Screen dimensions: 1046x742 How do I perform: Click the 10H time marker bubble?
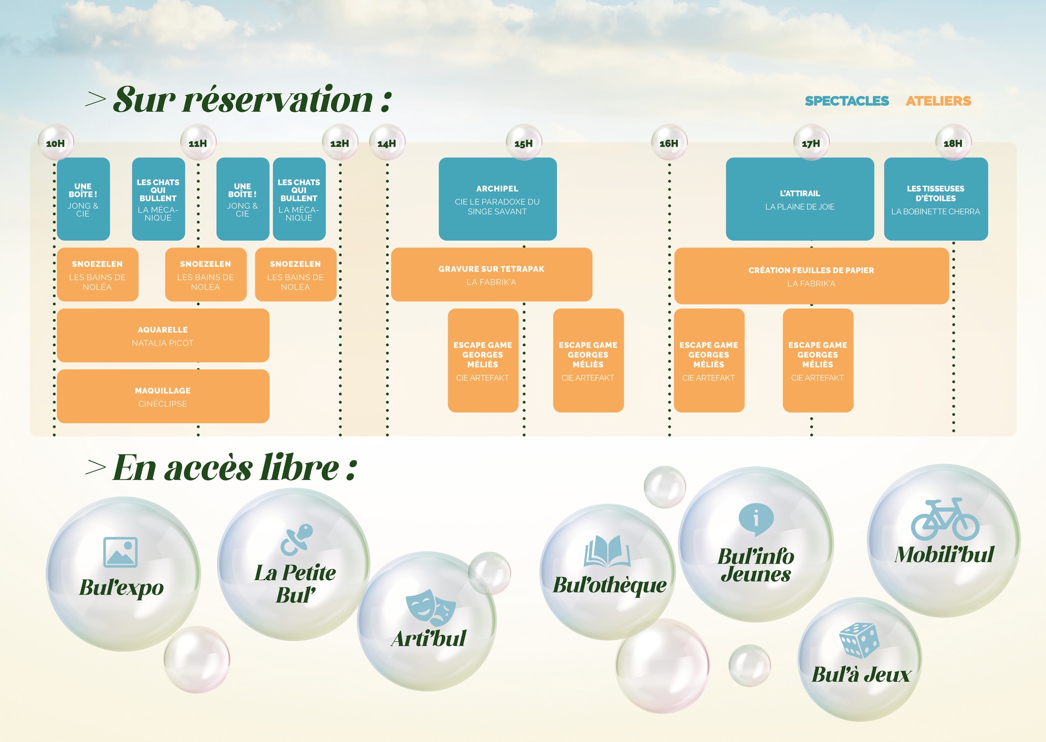(x=56, y=142)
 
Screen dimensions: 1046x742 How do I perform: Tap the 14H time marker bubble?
(x=387, y=142)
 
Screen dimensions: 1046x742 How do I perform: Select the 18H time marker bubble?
(x=953, y=142)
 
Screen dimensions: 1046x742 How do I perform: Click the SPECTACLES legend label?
(x=847, y=101)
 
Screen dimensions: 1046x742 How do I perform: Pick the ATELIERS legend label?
(x=938, y=101)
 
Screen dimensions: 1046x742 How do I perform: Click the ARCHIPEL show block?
(x=497, y=199)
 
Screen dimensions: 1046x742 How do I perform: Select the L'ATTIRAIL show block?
(x=800, y=199)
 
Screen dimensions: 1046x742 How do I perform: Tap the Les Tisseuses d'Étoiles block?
(x=936, y=199)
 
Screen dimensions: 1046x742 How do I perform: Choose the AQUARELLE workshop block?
(x=163, y=336)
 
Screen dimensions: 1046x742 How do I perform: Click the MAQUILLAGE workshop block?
(x=163, y=396)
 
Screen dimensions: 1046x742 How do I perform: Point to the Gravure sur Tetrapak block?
(x=492, y=275)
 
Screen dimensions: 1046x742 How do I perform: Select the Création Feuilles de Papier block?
(x=812, y=276)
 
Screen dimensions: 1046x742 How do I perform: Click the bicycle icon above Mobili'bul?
(x=945, y=519)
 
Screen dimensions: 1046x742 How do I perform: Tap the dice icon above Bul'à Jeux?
(x=860, y=640)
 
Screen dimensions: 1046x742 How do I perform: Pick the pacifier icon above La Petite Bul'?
(x=297, y=540)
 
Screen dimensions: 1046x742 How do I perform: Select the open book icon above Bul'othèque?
(x=607, y=552)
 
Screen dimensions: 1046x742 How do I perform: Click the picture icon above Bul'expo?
(x=121, y=552)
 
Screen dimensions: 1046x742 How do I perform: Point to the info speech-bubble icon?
(x=756, y=519)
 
